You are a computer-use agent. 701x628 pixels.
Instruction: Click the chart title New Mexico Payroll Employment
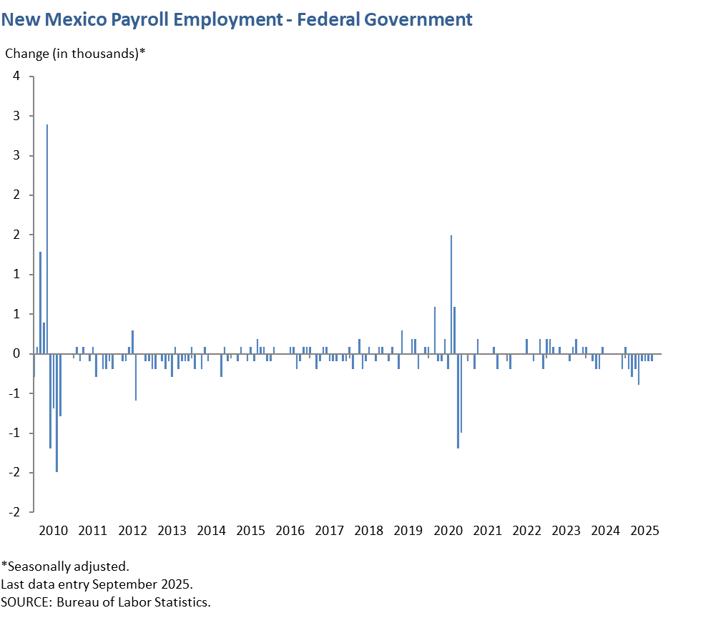[236, 19]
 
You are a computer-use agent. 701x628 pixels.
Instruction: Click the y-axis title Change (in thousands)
[75, 54]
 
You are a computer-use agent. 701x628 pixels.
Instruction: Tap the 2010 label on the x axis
[54, 531]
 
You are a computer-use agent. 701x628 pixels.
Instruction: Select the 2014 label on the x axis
[211, 531]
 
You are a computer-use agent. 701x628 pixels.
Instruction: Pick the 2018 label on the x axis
[369, 531]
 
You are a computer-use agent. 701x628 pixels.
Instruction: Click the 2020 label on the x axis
[448, 531]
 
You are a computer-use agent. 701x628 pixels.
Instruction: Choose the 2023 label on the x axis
[567, 531]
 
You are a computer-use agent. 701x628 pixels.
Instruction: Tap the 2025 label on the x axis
[645, 531]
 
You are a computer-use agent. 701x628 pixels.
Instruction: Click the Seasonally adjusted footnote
[65, 566]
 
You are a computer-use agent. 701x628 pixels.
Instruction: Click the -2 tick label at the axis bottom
[14, 512]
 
